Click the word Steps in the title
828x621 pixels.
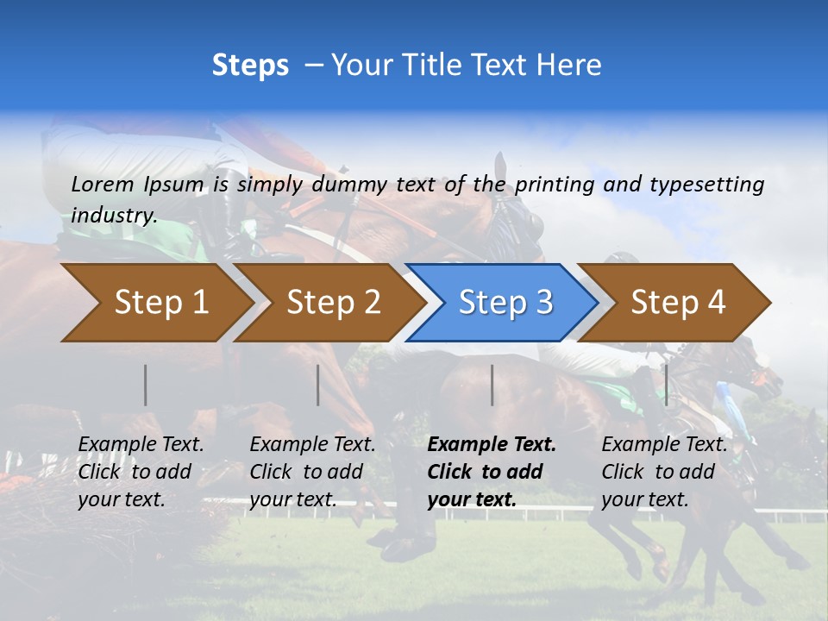point(250,65)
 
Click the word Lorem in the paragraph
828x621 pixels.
point(102,184)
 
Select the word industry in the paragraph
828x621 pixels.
point(114,215)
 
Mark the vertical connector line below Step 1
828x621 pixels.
point(146,385)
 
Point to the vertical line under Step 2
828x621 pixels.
point(318,385)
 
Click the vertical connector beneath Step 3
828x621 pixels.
point(492,385)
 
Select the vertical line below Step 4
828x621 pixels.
point(666,385)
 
